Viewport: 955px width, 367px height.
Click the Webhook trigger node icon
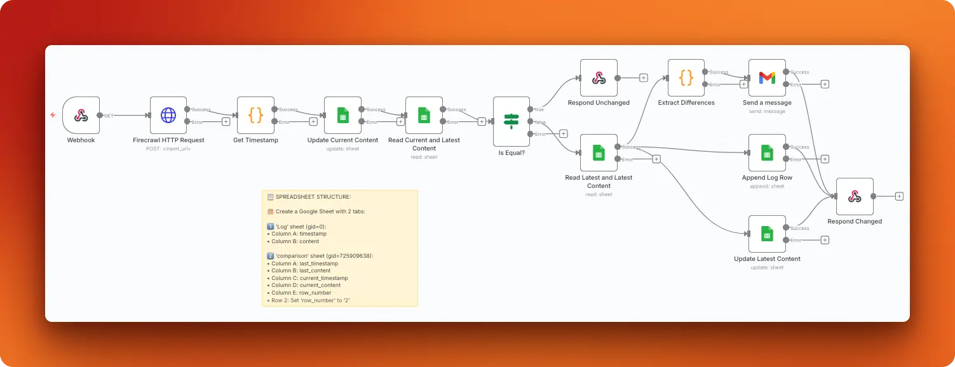click(81, 115)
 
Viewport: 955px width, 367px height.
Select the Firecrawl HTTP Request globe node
click(168, 115)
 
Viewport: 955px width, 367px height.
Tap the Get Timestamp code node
click(255, 115)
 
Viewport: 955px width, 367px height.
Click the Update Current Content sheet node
click(342, 115)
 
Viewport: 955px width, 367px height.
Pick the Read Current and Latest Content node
click(424, 115)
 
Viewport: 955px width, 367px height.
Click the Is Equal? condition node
click(511, 121)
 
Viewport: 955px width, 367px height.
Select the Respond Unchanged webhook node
click(599, 77)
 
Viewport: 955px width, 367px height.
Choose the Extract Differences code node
click(686, 77)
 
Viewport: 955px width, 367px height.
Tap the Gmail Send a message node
click(767, 77)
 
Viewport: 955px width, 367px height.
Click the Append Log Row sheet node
click(767, 152)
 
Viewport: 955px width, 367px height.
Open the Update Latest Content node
click(767, 234)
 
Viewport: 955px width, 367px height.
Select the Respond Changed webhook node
click(855, 196)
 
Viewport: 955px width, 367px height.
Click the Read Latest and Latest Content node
click(599, 152)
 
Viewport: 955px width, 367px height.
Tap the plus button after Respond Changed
click(899, 196)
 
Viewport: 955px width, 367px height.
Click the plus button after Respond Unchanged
click(643, 77)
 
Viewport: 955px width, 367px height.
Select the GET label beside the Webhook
click(109, 116)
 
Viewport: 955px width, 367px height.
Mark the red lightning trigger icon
click(53, 115)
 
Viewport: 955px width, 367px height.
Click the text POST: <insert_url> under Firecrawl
click(168, 149)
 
